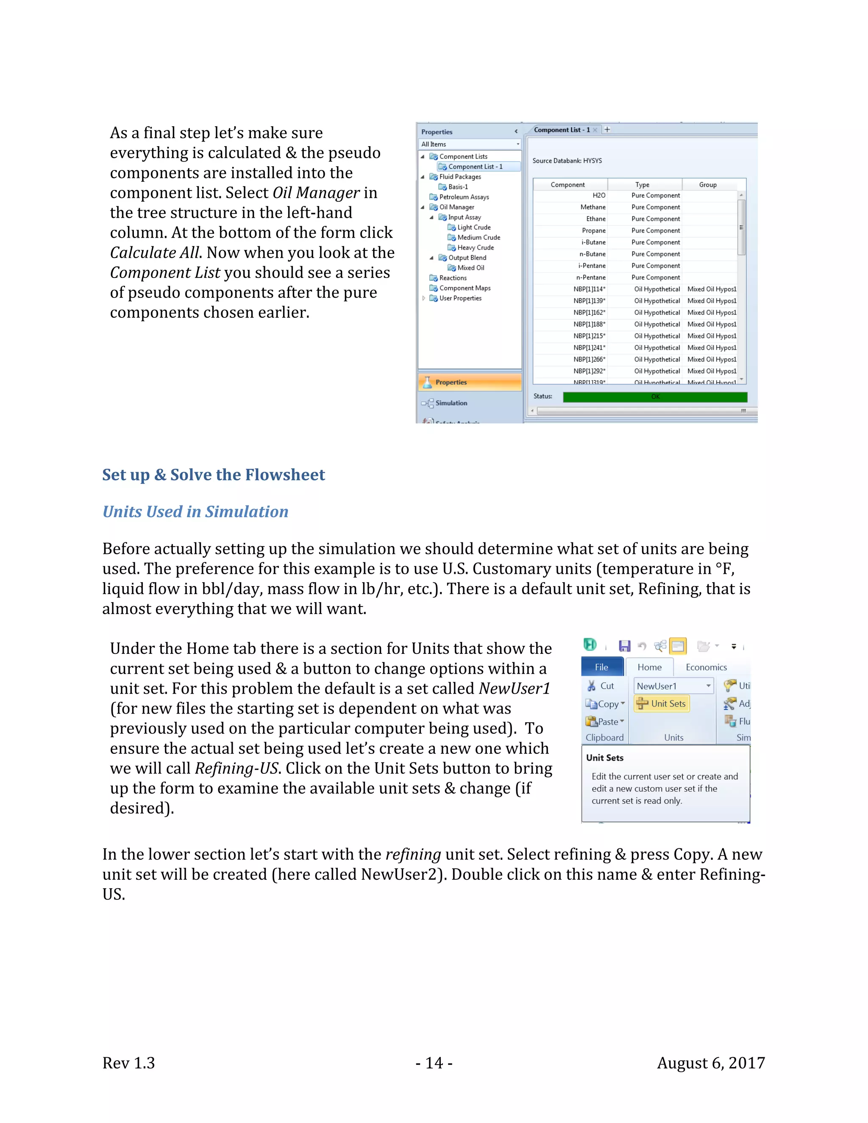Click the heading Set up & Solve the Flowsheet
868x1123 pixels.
point(214,475)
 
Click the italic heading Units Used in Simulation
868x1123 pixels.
point(195,511)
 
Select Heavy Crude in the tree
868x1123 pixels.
point(475,247)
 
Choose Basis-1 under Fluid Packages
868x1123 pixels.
point(458,186)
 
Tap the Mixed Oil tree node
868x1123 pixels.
point(470,267)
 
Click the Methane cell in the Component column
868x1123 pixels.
point(593,207)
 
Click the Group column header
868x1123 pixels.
point(707,185)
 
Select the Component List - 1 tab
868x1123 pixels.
point(562,130)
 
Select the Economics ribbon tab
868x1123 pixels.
point(706,667)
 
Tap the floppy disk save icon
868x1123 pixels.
point(624,646)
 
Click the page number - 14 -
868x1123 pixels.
point(434,1063)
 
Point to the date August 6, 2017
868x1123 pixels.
point(711,1063)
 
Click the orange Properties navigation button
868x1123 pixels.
point(470,382)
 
